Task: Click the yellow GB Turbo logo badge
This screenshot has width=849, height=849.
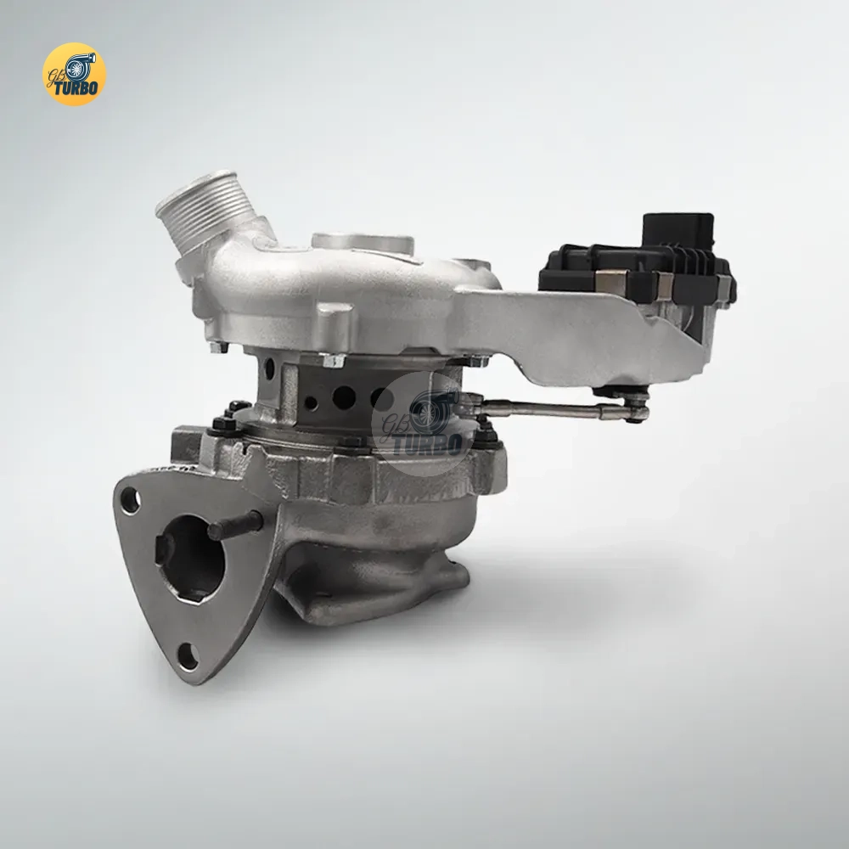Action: [74, 74]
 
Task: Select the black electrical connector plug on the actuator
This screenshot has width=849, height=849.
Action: [678, 230]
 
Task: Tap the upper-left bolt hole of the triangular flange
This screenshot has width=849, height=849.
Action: [131, 500]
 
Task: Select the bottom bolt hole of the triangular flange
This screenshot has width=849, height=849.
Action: [188, 656]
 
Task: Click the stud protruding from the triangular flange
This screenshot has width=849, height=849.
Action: [235, 525]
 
